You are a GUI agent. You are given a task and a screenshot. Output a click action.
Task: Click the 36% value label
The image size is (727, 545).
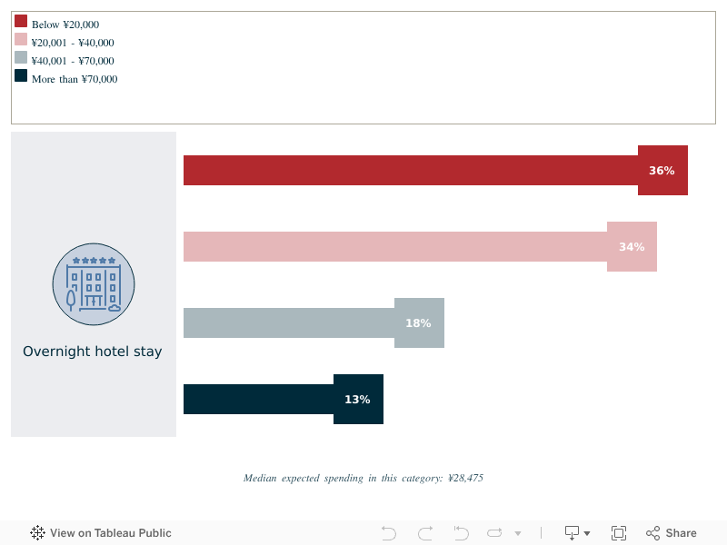click(x=662, y=171)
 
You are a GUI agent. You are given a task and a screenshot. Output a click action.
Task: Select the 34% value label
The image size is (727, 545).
click(x=632, y=247)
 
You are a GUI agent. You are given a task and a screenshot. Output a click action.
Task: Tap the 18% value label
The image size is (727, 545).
click(x=418, y=323)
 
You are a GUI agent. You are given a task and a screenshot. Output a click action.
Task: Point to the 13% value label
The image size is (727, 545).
click(x=357, y=400)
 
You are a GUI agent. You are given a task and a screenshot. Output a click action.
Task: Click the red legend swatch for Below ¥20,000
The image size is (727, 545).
click(x=21, y=22)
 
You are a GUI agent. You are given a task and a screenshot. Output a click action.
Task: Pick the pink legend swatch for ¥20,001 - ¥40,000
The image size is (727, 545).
click(x=21, y=40)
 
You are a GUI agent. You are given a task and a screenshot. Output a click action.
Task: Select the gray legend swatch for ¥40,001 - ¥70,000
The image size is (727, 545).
click(x=21, y=58)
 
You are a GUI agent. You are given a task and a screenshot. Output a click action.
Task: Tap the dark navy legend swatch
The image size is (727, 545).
click(x=21, y=76)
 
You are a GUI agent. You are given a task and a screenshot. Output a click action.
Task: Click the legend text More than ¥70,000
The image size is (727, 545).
click(x=75, y=79)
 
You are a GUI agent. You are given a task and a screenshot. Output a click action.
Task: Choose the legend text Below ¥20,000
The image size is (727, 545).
click(x=65, y=25)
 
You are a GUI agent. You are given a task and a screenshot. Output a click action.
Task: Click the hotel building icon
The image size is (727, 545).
click(x=94, y=283)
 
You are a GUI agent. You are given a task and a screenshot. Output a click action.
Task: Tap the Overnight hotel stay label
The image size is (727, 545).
click(x=93, y=352)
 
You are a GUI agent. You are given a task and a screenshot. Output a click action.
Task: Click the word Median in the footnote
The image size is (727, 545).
click(x=260, y=478)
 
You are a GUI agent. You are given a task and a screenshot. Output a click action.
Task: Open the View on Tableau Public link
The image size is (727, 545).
click(x=101, y=533)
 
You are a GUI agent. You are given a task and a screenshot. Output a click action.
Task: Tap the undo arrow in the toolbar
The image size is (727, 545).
click(x=389, y=533)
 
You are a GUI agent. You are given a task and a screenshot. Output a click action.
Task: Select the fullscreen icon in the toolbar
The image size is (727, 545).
click(x=619, y=533)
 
